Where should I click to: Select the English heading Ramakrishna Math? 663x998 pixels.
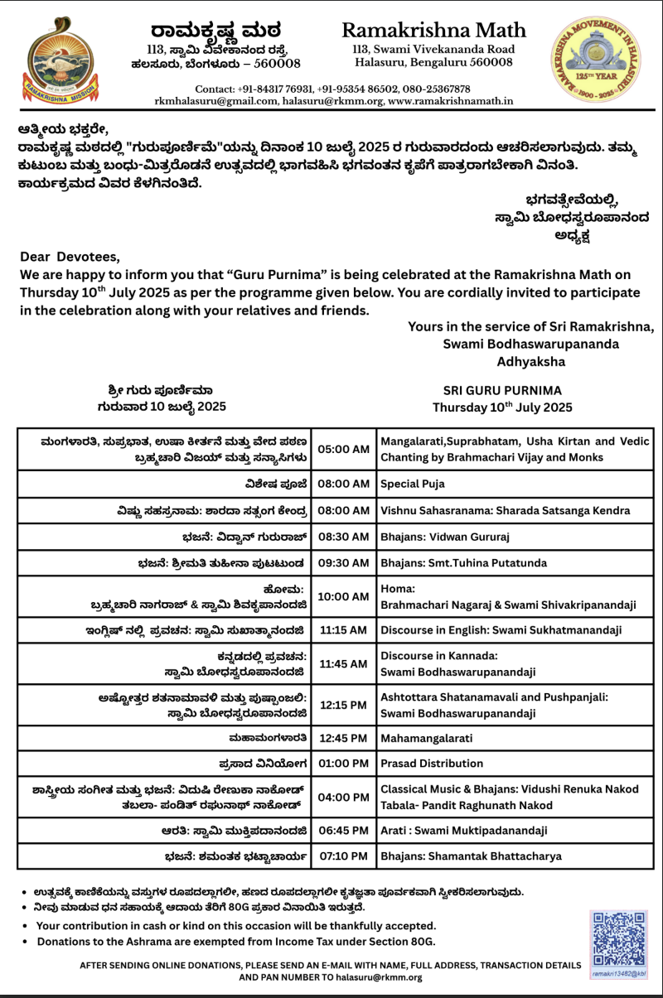click(x=433, y=31)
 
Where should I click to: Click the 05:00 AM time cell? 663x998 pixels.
click(x=343, y=449)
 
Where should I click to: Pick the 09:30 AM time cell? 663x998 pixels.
click(x=343, y=563)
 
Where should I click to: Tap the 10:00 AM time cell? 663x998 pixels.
click(x=343, y=596)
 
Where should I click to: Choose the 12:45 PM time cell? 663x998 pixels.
click(x=343, y=738)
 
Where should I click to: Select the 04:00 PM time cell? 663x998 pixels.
click(x=343, y=797)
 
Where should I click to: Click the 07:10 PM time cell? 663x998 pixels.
click(x=343, y=856)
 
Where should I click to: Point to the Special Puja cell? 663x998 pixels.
click(x=413, y=483)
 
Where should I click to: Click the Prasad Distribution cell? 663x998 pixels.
click(x=432, y=763)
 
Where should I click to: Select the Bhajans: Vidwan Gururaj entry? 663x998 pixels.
click(x=445, y=538)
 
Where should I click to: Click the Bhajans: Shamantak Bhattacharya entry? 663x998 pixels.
click(x=471, y=856)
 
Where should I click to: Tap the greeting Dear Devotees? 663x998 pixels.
click(x=70, y=256)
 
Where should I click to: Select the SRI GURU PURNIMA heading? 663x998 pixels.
click(x=502, y=390)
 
